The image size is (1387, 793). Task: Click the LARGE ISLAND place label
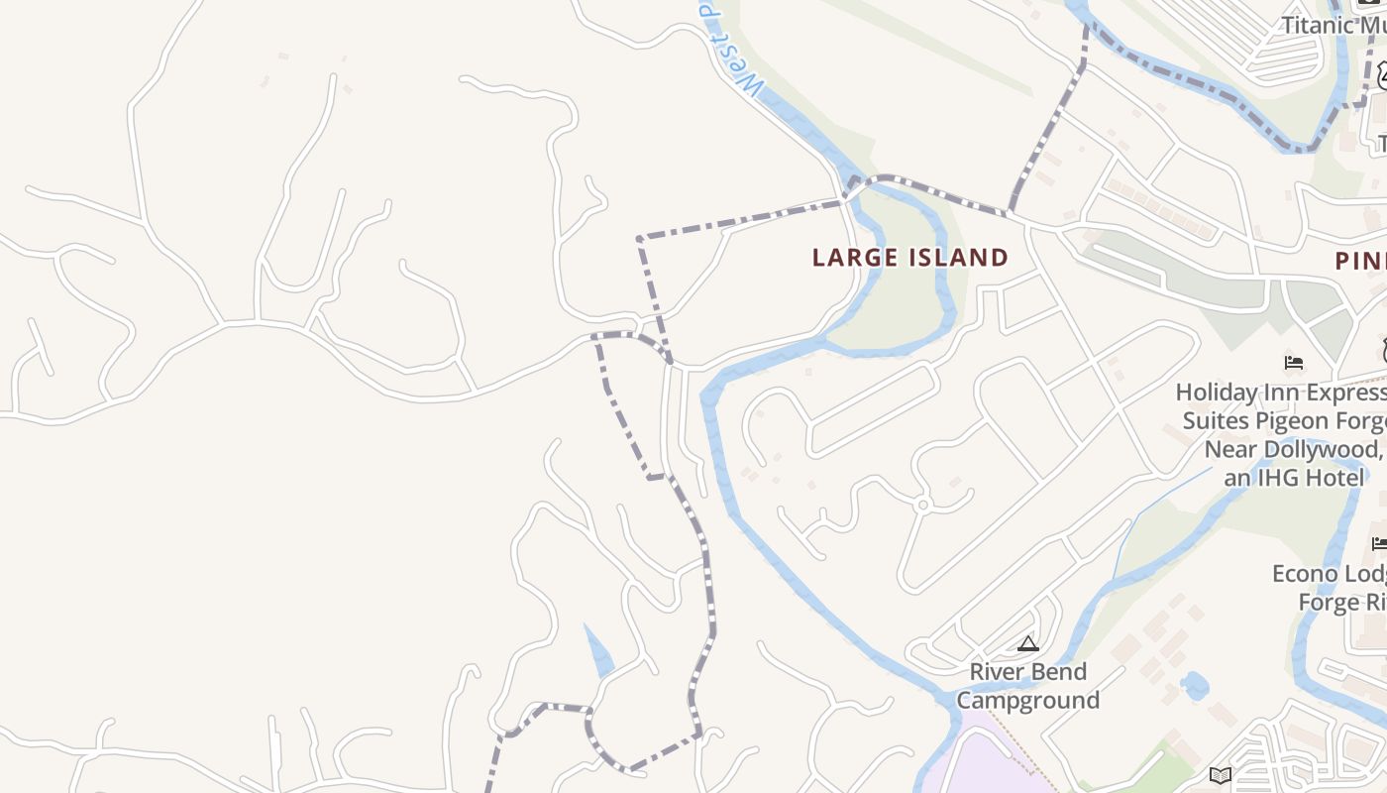pos(909,258)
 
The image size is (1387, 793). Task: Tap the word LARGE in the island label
pos(854,258)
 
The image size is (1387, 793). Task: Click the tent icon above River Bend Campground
pos(1028,644)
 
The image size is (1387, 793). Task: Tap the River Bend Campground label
pos(1028,686)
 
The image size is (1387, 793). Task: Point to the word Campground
pos(1028,701)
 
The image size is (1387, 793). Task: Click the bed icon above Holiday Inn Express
pos(1294,362)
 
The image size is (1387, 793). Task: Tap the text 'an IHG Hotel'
pos(1293,478)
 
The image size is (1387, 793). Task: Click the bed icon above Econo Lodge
pos(1379,543)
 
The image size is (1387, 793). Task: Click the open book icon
pos(1222,775)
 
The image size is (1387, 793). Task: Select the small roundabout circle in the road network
pos(922,505)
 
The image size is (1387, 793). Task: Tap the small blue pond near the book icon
pos(1195,685)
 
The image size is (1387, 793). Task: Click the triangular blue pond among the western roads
pos(598,653)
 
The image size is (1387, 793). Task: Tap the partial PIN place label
pos(1360,261)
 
